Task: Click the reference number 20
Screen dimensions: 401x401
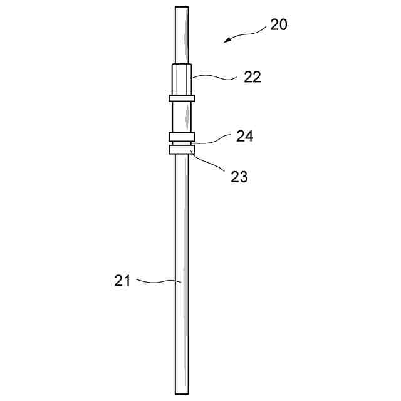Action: (278, 25)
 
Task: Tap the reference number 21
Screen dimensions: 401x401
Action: (122, 281)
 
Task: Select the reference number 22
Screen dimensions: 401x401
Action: (253, 77)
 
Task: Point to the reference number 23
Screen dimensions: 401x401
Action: (239, 177)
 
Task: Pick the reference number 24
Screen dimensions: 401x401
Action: (245, 136)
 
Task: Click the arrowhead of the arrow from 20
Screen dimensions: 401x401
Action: (227, 40)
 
